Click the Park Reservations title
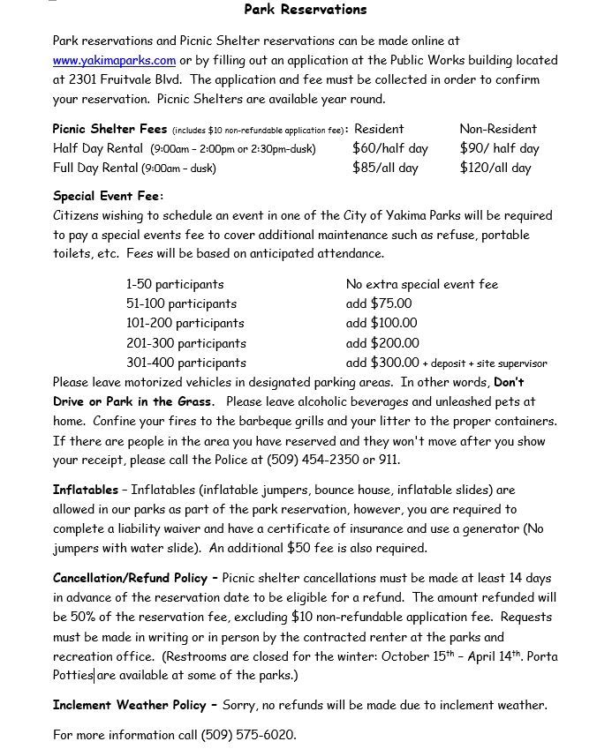305,10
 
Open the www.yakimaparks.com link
114,61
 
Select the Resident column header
379,129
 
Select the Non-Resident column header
497,129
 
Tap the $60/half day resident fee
389,148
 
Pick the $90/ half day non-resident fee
499,148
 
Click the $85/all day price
385,168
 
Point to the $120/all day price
495,168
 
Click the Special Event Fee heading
108,196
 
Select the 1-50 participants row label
174,285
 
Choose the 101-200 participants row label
185,324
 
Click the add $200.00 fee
382,343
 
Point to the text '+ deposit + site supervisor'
485,363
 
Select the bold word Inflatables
85,490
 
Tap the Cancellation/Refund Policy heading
134,579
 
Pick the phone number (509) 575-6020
248,735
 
